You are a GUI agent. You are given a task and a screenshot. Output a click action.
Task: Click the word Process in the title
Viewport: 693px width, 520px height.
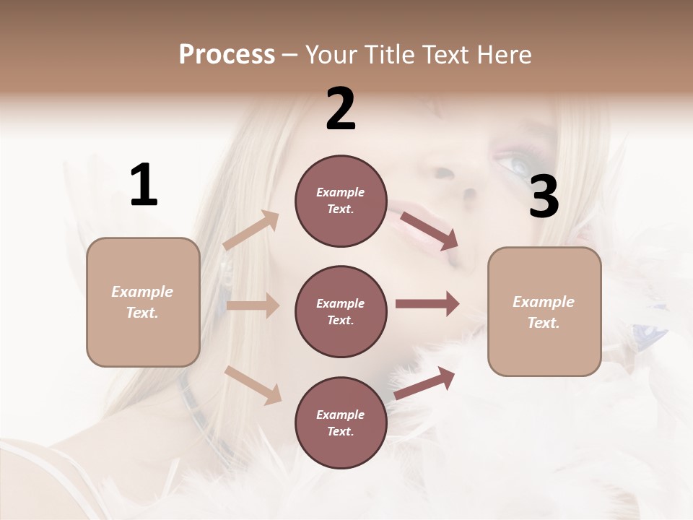227,54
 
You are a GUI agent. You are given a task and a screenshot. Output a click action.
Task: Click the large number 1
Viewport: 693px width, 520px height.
143,185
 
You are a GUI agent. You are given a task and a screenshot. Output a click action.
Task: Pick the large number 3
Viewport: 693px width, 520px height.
544,196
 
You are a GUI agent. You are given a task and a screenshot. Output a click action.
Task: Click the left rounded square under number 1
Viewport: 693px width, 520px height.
143,302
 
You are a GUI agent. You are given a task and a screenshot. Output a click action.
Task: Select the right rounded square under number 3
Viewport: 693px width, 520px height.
544,311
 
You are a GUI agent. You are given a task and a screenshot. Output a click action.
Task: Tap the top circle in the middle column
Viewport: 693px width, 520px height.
341,201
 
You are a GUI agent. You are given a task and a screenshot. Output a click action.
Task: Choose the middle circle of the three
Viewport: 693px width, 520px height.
341,311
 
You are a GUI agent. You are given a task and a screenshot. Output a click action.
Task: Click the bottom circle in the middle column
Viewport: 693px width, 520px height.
341,422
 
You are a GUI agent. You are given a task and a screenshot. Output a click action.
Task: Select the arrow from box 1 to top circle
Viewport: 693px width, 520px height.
251,230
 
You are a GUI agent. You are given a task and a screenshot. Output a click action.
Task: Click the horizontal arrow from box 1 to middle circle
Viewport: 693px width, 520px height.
253,305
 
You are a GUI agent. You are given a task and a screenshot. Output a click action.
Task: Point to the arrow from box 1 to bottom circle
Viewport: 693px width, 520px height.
253,384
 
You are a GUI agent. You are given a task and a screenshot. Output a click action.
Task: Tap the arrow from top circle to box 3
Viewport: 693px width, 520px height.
429,230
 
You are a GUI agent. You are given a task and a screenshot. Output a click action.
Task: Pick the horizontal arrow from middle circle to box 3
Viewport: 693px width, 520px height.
427,303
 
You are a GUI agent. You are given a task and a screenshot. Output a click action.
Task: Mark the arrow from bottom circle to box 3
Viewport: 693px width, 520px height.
425,383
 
